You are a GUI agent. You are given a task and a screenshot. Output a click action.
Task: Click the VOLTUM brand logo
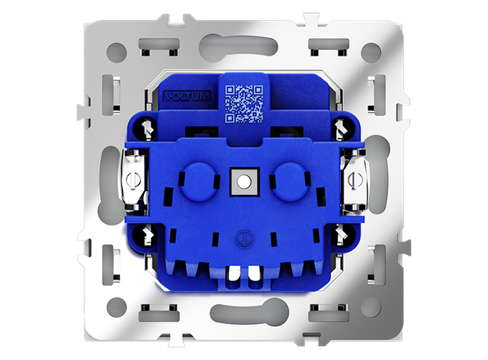click(187, 96)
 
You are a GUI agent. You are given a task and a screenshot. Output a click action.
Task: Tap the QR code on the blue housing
click(244, 104)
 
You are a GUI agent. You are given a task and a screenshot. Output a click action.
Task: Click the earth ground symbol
click(244, 239)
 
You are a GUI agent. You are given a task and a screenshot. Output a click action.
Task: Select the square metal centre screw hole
click(244, 182)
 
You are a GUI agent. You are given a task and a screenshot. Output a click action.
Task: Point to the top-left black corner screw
click(145, 128)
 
